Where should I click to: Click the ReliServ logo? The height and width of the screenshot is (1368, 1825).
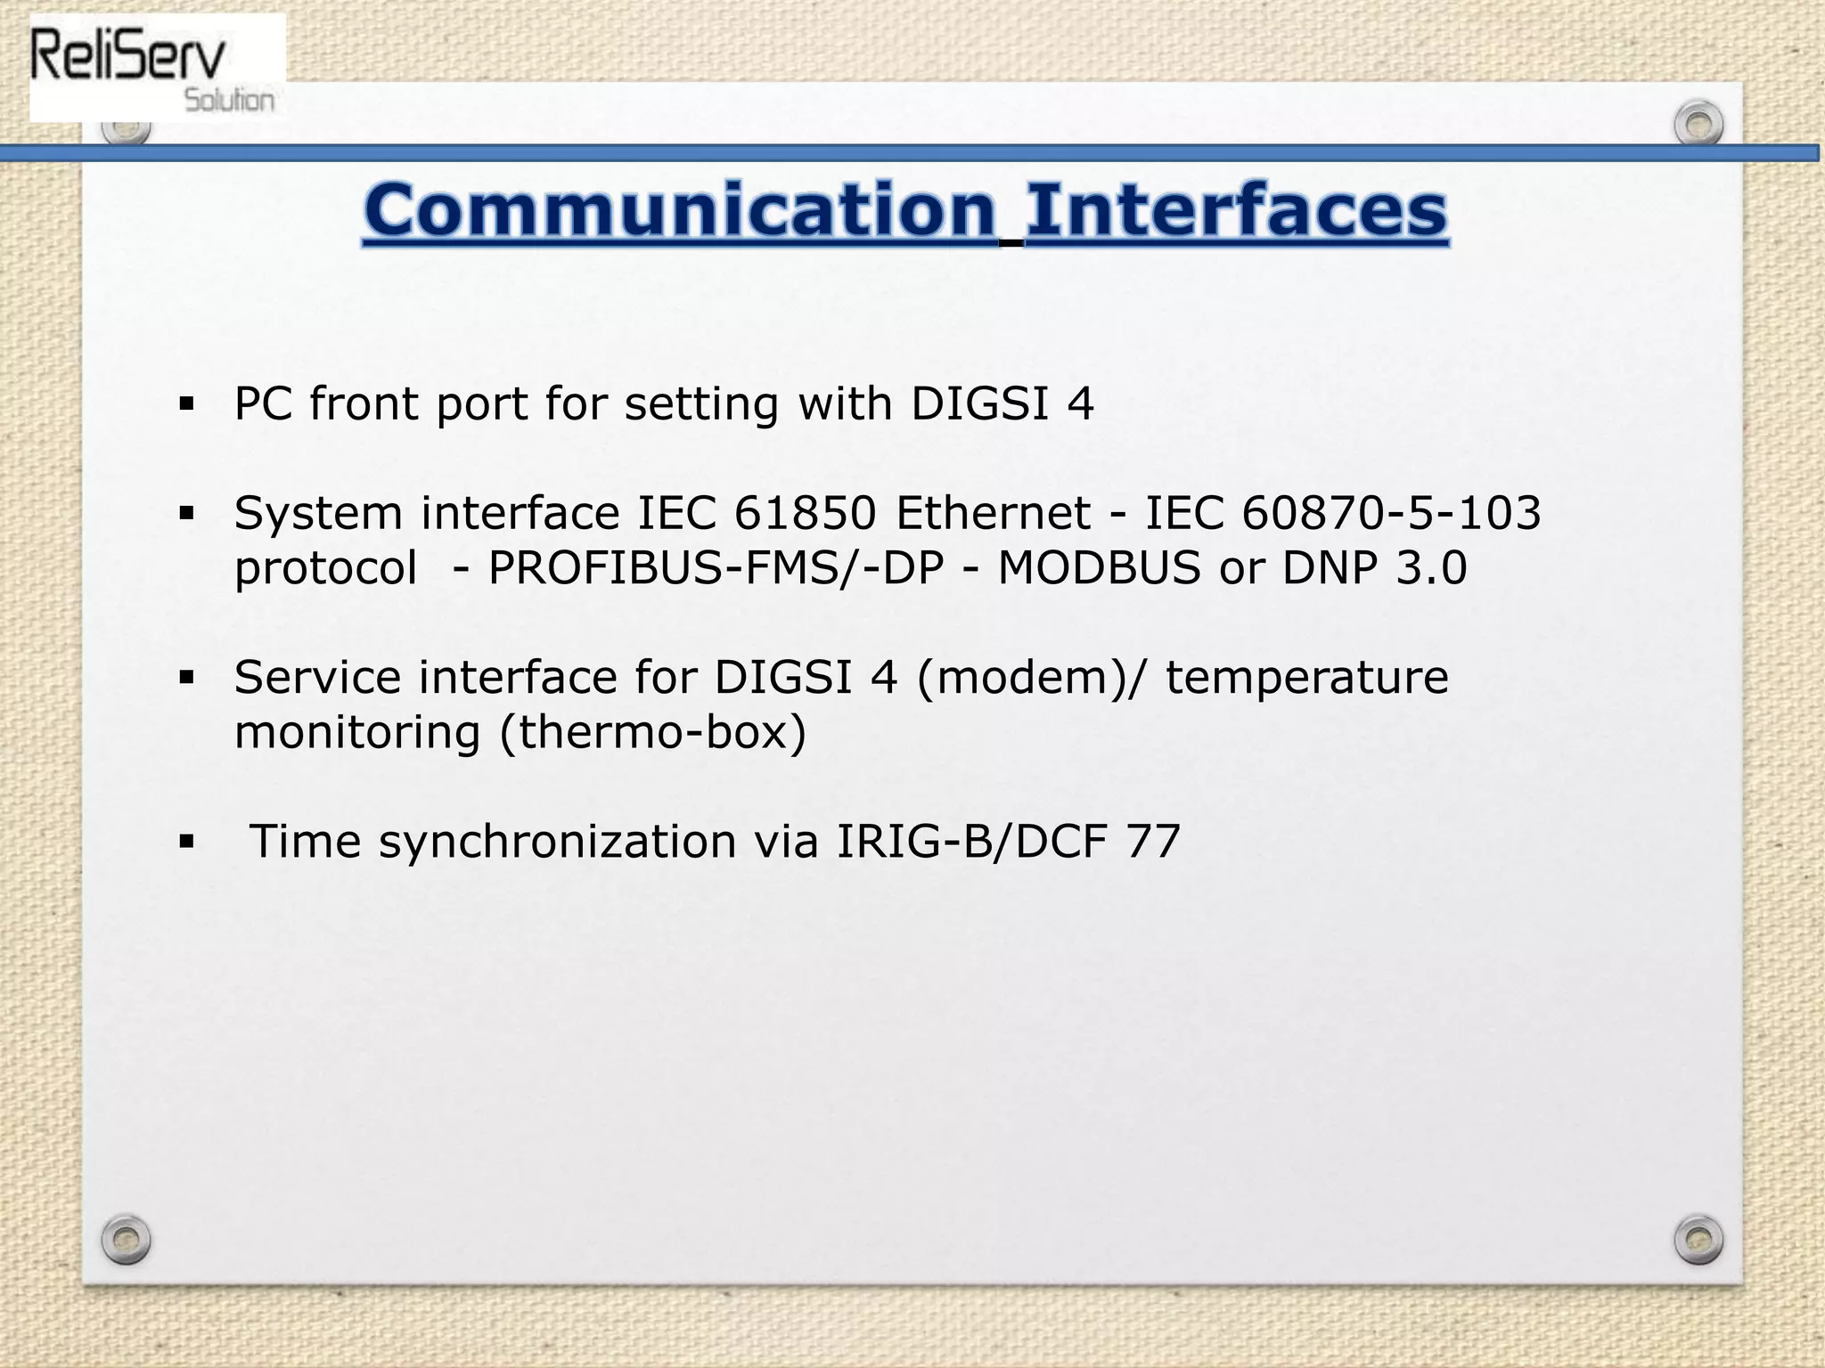[x=157, y=68]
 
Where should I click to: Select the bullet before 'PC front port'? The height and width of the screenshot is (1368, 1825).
[x=186, y=404]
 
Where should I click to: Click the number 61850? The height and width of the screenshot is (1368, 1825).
[x=806, y=513]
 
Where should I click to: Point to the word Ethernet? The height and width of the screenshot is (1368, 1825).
[x=993, y=513]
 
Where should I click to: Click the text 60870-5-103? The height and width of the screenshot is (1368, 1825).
[x=1391, y=513]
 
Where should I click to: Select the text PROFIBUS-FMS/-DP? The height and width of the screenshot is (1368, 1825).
[x=716, y=568]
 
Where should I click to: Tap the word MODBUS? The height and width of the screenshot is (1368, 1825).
[x=1100, y=568]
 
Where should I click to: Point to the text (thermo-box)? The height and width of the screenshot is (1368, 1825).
[x=653, y=733]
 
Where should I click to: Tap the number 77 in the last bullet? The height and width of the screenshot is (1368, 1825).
[x=1154, y=842]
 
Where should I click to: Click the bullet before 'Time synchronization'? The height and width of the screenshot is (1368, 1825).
[x=186, y=842]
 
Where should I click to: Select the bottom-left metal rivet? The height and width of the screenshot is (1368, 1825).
[x=126, y=1239]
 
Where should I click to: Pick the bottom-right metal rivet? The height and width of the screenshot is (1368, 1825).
[x=1698, y=1239]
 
